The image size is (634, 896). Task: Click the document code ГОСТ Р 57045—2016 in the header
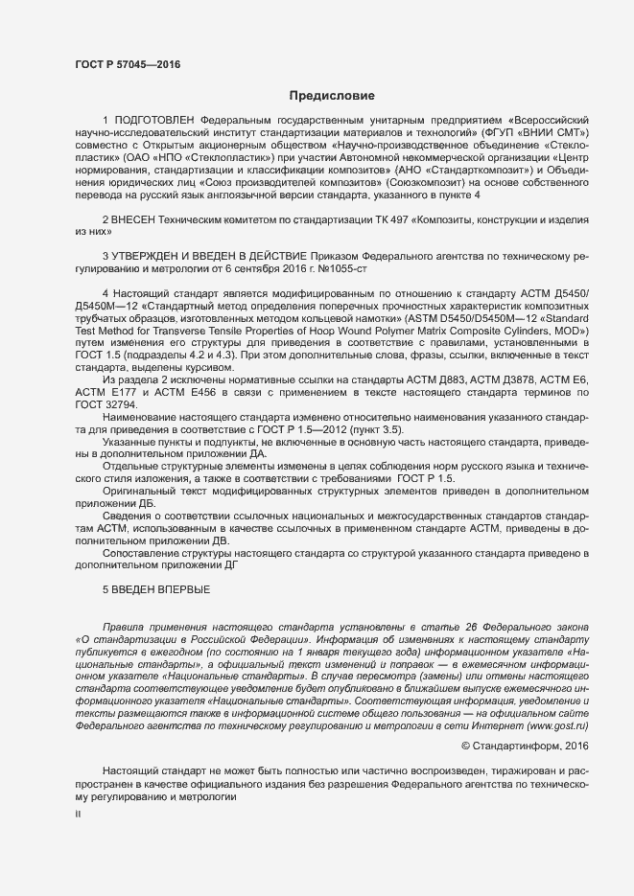click(x=127, y=65)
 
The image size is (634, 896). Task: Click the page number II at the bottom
click(x=79, y=816)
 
